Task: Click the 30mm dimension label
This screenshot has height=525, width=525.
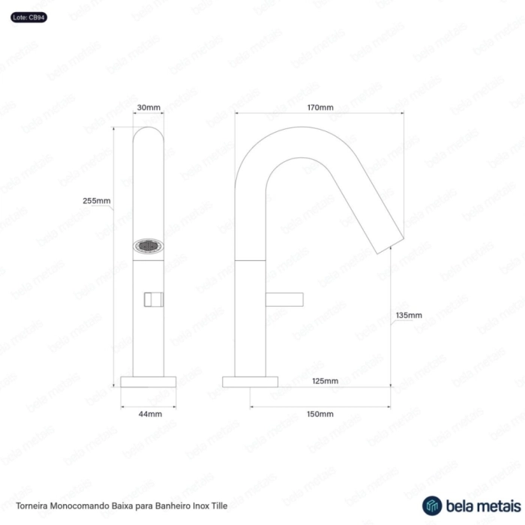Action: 148,107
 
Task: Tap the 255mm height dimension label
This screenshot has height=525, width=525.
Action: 97,201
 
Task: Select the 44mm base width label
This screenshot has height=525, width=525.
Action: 150,414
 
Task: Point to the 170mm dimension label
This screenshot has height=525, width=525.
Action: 320,107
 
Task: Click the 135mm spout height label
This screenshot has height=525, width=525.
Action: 409,316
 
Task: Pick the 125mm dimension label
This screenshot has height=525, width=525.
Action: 325,381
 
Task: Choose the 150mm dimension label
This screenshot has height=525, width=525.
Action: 320,414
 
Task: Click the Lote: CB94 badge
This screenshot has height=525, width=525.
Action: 28,17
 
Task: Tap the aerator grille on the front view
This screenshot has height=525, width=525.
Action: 148,247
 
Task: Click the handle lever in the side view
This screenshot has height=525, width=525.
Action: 284,300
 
